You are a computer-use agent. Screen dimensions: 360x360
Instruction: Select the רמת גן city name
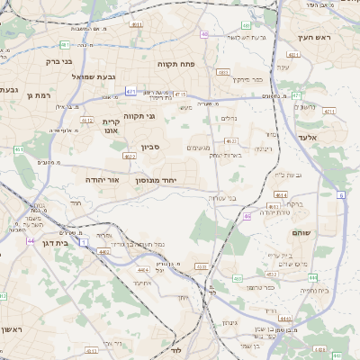click(42, 94)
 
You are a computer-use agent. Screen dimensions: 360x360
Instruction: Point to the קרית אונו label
click(112, 126)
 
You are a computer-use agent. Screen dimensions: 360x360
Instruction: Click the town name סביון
click(149, 147)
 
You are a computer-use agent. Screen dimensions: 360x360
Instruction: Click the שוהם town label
click(300, 233)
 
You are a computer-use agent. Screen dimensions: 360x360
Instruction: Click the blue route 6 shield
click(341, 194)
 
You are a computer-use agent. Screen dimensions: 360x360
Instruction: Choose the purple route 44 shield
click(31, 241)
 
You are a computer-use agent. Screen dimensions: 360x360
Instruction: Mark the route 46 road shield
click(247, 216)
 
